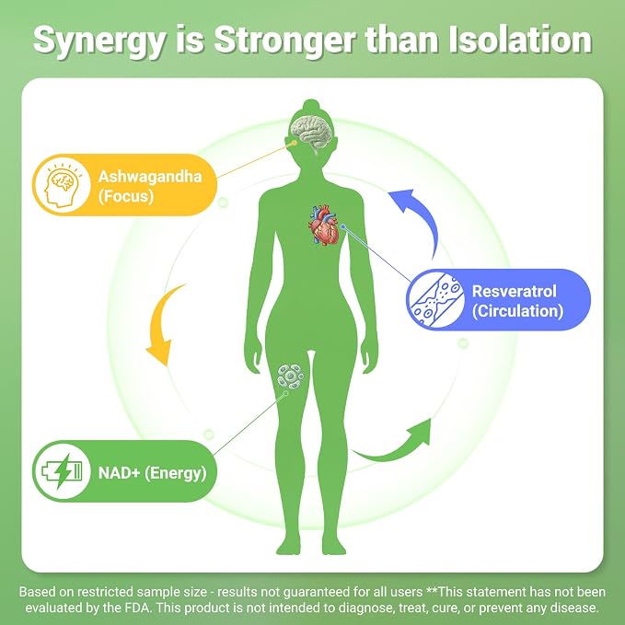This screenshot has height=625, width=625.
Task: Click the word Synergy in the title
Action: [x=98, y=41]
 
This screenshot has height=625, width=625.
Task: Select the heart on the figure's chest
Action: [x=323, y=225]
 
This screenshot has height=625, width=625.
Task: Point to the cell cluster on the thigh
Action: [x=291, y=376]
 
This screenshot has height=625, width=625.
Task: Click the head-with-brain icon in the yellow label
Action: [x=63, y=185]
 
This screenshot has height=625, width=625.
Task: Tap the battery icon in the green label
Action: [x=62, y=471]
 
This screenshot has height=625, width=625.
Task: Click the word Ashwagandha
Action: [x=150, y=176]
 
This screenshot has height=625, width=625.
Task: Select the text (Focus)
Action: [x=126, y=196]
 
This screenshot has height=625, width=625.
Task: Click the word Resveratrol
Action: [x=514, y=291]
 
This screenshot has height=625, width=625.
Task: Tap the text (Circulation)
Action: [x=517, y=311]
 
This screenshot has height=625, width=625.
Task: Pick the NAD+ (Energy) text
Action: [x=152, y=473]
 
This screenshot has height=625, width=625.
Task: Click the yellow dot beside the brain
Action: [x=295, y=143]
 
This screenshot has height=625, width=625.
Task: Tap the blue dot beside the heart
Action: [x=342, y=226]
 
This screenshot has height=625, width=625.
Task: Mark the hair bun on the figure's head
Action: [x=311, y=106]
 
